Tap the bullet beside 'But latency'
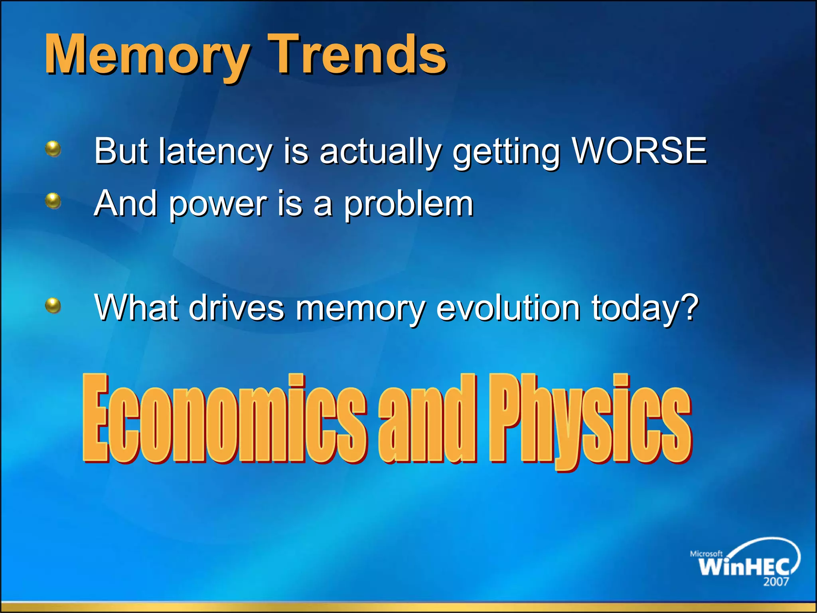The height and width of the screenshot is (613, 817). pos(53,149)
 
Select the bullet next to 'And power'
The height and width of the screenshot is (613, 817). pos(53,201)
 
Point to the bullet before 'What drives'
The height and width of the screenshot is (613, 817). pos(53,306)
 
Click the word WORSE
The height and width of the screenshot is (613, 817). pos(639,150)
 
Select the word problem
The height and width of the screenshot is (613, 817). pos(409,204)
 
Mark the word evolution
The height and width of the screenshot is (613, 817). pos(508,308)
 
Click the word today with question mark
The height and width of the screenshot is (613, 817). pos(645,308)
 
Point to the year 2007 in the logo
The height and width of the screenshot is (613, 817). pos(776,582)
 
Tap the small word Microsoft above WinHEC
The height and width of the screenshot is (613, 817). pos(706,554)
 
